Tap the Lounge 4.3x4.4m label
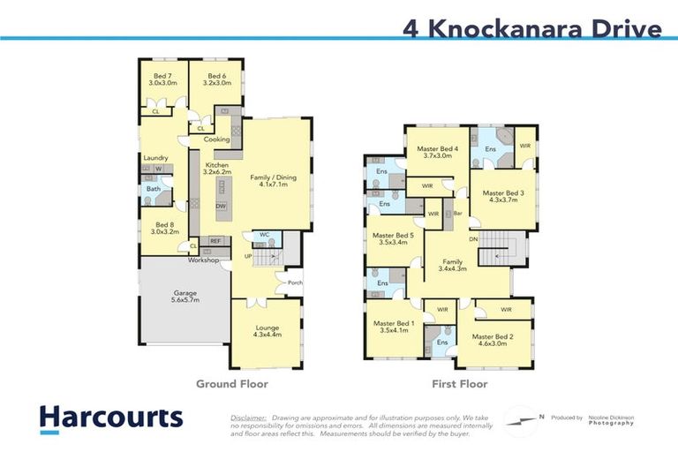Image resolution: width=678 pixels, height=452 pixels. point(266,332)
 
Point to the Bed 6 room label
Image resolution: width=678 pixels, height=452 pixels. point(215,79)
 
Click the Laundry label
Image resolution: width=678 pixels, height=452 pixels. point(155,158)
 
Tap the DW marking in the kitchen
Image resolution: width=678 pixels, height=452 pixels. point(221,206)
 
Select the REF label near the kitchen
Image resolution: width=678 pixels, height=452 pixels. point(215,240)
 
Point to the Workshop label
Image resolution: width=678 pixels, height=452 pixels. point(202,260)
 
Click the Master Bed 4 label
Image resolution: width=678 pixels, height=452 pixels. point(439,152)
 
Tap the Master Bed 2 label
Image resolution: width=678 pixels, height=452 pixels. point(494,341)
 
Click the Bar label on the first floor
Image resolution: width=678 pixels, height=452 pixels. point(458,214)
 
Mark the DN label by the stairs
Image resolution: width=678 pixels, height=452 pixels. point(472,238)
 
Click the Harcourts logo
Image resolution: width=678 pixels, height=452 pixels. point(111,419)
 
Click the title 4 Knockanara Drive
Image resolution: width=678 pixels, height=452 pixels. point(531,28)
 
